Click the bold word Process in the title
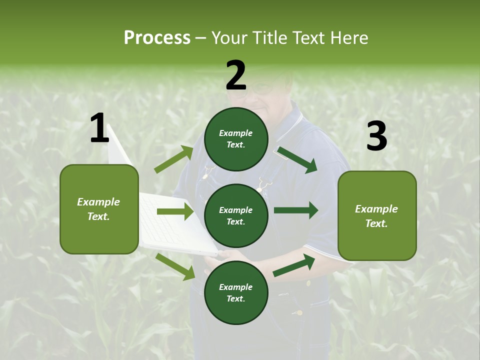point(157,37)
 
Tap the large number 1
point(99,128)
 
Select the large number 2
point(236,75)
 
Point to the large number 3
point(376,136)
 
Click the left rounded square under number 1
point(99,209)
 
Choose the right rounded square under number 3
point(377,215)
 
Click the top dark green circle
point(236,139)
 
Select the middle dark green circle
point(236,215)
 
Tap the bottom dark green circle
point(236,292)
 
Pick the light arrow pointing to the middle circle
point(175,211)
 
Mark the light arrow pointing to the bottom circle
point(175,266)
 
